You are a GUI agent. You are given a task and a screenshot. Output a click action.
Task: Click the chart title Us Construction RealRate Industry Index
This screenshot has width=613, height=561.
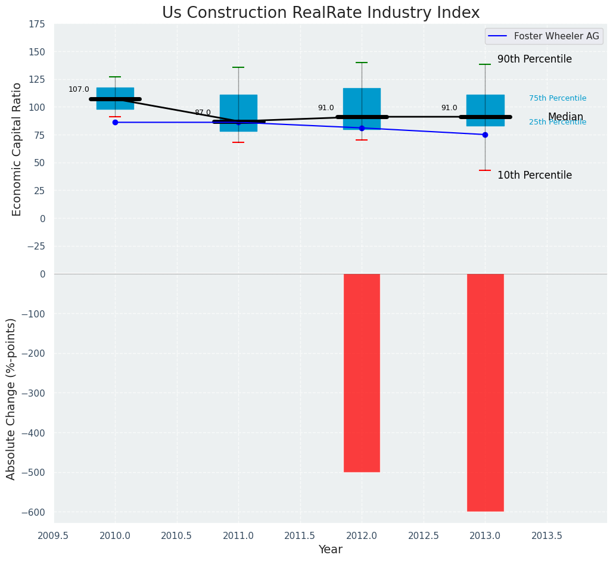pyautogui.click(x=320, y=13)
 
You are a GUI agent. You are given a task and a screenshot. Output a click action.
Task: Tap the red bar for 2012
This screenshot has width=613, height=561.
pyautogui.click(x=362, y=373)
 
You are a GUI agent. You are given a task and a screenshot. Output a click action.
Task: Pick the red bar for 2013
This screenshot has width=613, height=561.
pyautogui.click(x=485, y=392)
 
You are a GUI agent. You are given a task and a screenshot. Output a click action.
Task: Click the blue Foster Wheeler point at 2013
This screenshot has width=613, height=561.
pyautogui.click(x=485, y=135)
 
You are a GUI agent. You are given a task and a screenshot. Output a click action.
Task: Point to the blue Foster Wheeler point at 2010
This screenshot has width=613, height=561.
pyautogui.click(x=115, y=122)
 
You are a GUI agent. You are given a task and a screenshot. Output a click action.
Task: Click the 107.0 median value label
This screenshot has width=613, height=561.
pyautogui.click(x=79, y=89)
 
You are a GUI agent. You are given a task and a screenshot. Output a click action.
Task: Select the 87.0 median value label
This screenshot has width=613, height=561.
pyautogui.click(x=203, y=113)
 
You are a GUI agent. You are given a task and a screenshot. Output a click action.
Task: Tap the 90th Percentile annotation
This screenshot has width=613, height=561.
pyautogui.click(x=534, y=60)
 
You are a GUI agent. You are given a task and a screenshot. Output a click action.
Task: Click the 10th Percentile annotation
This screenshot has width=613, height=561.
pyautogui.click(x=534, y=176)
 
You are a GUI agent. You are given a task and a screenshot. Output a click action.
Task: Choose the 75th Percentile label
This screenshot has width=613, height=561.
pyautogui.click(x=558, y=98)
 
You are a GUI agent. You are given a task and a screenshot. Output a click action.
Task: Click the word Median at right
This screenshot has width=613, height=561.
pyautogui.click(x=565, y=117)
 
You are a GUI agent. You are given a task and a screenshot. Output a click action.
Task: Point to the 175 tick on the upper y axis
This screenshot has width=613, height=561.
pyautogui.click(x=36, y=24)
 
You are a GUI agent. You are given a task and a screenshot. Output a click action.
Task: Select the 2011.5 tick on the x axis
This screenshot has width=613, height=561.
pyautogui.click(x=300, y=535)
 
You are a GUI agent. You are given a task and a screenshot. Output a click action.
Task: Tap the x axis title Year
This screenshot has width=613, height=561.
pyautogui.click(x=330, y=550)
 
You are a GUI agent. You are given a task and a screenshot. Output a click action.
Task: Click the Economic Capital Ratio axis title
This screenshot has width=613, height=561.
pyautogui.click(x=17, y=149)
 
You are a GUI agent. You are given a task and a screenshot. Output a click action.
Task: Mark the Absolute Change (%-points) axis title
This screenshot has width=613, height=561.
pyautogui.click(x=11, y=398)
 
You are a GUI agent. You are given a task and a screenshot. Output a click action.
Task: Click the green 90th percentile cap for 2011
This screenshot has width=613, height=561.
pyautogui.click(x=238, y=67)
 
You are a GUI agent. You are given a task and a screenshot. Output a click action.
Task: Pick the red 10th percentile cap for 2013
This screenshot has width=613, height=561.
pyautogui.click(x=485, y=170)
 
